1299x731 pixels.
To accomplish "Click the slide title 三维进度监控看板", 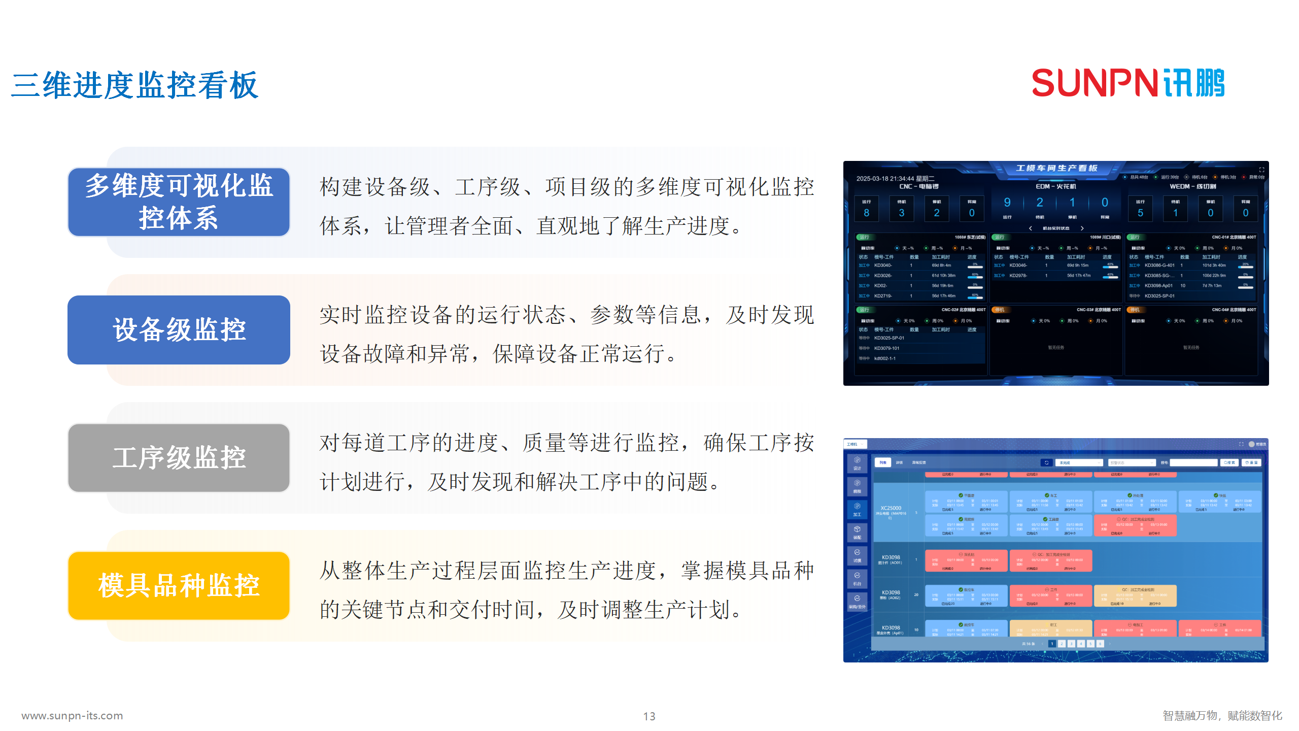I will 135,85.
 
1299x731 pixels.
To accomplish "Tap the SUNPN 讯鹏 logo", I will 1127,83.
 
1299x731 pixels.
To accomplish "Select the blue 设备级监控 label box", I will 179,330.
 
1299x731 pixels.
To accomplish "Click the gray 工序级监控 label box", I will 179,458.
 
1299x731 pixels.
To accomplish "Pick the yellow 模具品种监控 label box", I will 179,586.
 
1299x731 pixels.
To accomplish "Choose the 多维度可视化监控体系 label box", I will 179,202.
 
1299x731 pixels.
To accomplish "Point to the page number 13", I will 649,716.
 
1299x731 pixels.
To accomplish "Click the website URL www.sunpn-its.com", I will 72,716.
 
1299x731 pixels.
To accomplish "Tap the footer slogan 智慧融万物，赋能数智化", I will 1222,716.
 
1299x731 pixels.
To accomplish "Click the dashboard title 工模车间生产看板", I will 1056,168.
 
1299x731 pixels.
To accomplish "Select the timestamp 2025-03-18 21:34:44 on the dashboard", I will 885,179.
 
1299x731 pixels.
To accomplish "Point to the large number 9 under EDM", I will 1007,203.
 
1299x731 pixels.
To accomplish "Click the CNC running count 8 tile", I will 867,209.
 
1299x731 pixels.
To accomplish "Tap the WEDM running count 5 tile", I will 1140,209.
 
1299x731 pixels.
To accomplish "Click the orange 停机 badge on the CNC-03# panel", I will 999,310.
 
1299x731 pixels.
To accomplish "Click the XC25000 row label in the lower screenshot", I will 891,508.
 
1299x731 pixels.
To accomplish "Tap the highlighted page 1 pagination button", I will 1052,644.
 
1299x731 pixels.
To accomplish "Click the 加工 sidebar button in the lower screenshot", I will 857,509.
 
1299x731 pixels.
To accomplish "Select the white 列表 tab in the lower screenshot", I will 883,462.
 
